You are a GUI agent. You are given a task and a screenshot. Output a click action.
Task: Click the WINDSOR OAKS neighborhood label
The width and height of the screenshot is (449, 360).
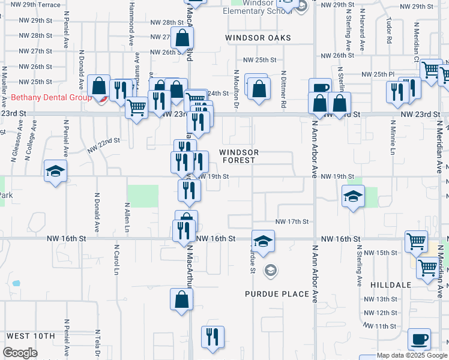258,38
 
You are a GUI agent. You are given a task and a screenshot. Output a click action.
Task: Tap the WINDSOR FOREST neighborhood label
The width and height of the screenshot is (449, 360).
238,156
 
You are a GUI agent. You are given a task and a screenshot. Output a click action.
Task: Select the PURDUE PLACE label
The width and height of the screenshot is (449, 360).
277,294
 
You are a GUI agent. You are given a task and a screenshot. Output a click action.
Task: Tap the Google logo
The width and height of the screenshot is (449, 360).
20,353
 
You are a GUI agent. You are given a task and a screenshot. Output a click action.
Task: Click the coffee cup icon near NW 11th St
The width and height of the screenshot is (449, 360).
419,339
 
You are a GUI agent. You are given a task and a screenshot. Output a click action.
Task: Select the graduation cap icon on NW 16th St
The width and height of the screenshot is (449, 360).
263,241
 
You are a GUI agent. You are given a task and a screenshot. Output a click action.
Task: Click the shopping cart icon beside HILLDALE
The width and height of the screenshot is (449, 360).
428,268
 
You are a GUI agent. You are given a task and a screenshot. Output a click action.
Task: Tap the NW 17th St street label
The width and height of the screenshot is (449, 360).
292,221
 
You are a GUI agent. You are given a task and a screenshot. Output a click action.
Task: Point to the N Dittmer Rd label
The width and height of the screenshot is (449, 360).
283,90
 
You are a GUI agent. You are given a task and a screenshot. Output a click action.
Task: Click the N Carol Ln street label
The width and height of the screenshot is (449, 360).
116,259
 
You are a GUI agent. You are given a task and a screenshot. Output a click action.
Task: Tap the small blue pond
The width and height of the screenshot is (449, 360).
16,283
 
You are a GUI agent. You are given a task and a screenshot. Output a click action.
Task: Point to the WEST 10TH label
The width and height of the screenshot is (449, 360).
31,335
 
